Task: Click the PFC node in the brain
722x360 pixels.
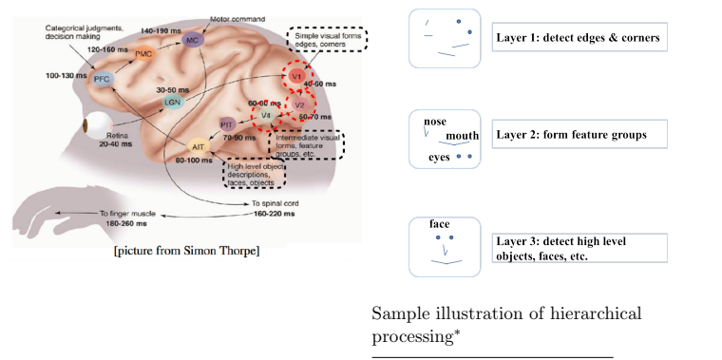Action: click(x=102, y=80)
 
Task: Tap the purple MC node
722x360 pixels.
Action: click(x=193, y=41)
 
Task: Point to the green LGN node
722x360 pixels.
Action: click(x=172, y=99)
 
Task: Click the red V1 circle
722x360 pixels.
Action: click(x=297, y=75)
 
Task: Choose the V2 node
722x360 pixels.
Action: click(x=299, y=104)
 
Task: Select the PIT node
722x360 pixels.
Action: click(x=227, y=124)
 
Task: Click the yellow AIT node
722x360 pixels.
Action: click(x=199, y=147)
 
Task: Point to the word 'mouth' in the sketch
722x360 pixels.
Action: click(x=462, y=135)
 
